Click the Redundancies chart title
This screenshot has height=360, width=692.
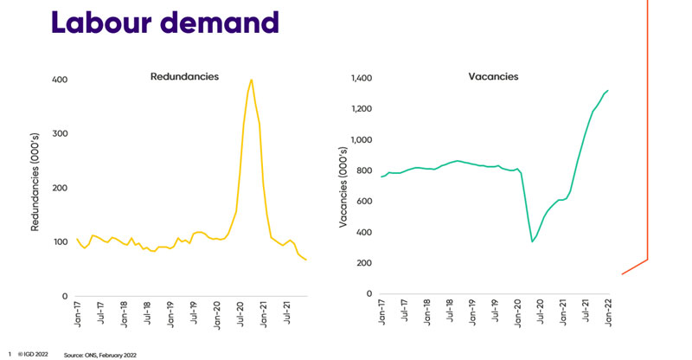pos(185,77)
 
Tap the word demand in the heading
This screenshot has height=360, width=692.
pos(212,21)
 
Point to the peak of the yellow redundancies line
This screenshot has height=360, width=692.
pos(251,80)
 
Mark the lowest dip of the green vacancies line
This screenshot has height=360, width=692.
pos(532,241)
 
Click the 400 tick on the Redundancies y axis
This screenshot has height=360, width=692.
pos(58,80)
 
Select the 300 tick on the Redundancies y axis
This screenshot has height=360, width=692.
pos(58,134)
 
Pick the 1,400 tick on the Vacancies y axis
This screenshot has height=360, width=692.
pos(362,79)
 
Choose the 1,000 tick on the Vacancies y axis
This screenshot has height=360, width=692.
pos(362,140)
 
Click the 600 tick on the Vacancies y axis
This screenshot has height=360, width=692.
pos(364,202)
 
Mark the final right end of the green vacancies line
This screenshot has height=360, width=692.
pos(608,90)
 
